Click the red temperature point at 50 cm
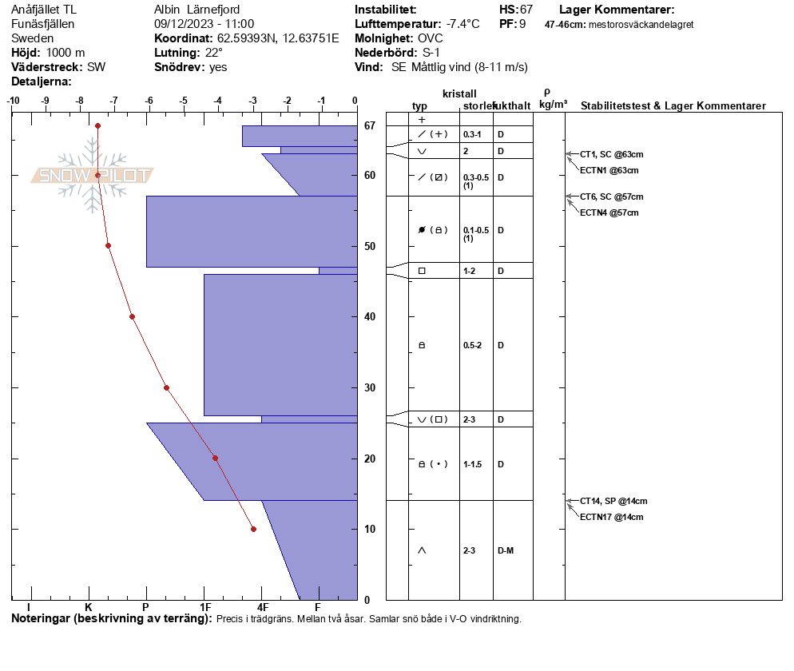pyautogui.click(x=109, y=245)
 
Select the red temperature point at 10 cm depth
pyautogui.click(x=254, y=529)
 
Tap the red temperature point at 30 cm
pyautogui.click(x=167, y=388)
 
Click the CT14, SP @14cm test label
pyautogui.click(x=613, y=501)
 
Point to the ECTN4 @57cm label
pyautogui.click(x=609, y=212)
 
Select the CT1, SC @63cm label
pyautogui.click(x=611, y=154)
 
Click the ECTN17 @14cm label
pyautogui.click(x=611, y=517)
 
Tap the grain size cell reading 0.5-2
pyautogui.click(x=472, y=345)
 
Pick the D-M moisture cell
pyautogui.click(x=506, y=550)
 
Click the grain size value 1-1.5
pyautogui.click(x=472, y=464)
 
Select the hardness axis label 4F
pyautogui.click(x=262, y=607)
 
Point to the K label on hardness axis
pyautogui.click(x=88, y=607)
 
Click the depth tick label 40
pyautogui.click(x=370, y=316)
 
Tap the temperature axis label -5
pyautogui.click(x=183, y=101)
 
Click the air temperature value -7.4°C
pyautogui.click(x=463, y=24)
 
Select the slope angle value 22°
pyautogui.click(x=214, y=53)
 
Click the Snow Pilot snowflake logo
pyautogui.click(x=92, y=175)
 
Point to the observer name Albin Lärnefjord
pyautogui.click(x=197, y=10)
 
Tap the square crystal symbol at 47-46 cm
pyautogui.click(x=422, y=271)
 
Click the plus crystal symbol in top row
pyautogui.click(x=422, y=120)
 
